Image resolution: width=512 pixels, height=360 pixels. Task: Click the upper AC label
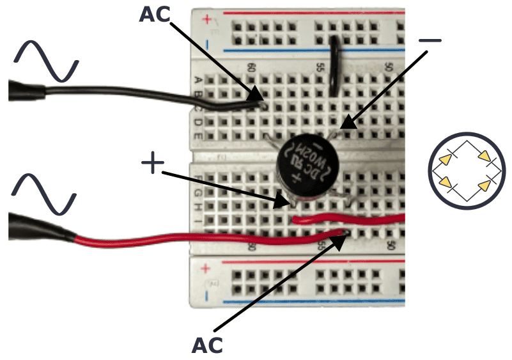tap(155, 14)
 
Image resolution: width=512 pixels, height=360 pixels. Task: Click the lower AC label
tap(207, 345)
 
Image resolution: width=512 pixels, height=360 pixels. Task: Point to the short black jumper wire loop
tap(334, 67)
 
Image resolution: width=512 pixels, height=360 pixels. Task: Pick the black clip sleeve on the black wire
tap(26, 91)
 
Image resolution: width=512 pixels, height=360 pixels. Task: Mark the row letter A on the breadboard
tap(199, 81)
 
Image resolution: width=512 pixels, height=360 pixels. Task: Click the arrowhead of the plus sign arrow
tap(286, 204)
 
